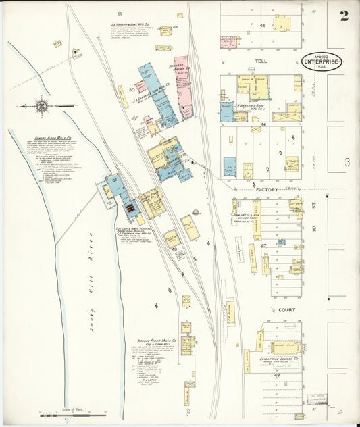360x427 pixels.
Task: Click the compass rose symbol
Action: tap(42, 106)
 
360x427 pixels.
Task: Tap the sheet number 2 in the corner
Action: tap(344, 16)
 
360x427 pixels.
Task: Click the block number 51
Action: tap(119, 14)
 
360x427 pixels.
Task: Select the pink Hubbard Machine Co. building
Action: tap(182, 88)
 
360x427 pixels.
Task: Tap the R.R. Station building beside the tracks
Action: tap(230, 310)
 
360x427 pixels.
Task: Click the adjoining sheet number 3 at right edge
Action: tap(346, 162)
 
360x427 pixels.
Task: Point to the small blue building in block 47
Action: tap(280, 242)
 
